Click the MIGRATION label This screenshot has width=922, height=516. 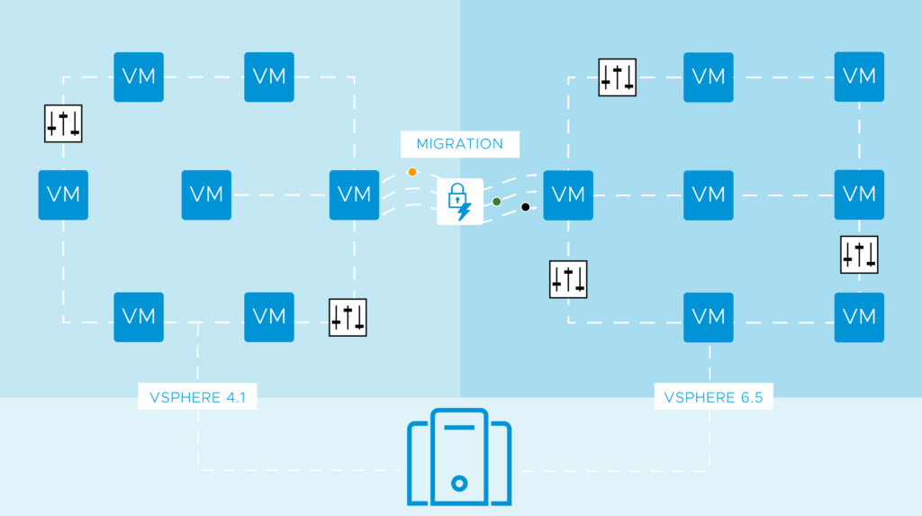pyautogui.click(x=459, y=144)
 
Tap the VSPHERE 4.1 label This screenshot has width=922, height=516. pyautogui.click(x=197, y=396)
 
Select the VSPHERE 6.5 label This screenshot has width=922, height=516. pyautogui.click(x=713, y=396)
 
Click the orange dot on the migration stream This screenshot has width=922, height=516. pyautogui.click(x=412, y=172)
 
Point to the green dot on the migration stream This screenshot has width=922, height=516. pyautogui.click(x=496, y=201)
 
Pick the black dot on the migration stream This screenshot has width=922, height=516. pyautogui.click(x=525, y=207)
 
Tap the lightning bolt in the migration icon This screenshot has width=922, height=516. pyautogui.click(x=465, y=212)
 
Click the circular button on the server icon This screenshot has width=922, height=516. pyautogui.click(x=459, y=483)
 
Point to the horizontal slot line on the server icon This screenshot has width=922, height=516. pyautogui.click(x=459, y=427)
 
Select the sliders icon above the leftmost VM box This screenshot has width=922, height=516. pyautogui.click(x=63, y=123)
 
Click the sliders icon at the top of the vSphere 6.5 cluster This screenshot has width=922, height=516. pyautogui.click(x=618, y=77)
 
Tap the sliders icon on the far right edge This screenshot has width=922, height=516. pyautogui.click(x=859, y=255)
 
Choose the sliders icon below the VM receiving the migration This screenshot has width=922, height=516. pyautogui.click(x=568, y=279)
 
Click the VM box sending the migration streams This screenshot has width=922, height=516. pyautogui.click(x=355, y=195)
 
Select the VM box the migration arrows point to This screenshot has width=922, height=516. pyautogui.click(x=568, y=195)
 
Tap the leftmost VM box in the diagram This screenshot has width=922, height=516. pyautogui.click(x=63, y=195)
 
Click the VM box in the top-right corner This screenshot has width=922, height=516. pyautogui.click(x=859, y=77)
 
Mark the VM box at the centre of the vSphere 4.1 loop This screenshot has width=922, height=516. pyautogui.click(x=207, y=195)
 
